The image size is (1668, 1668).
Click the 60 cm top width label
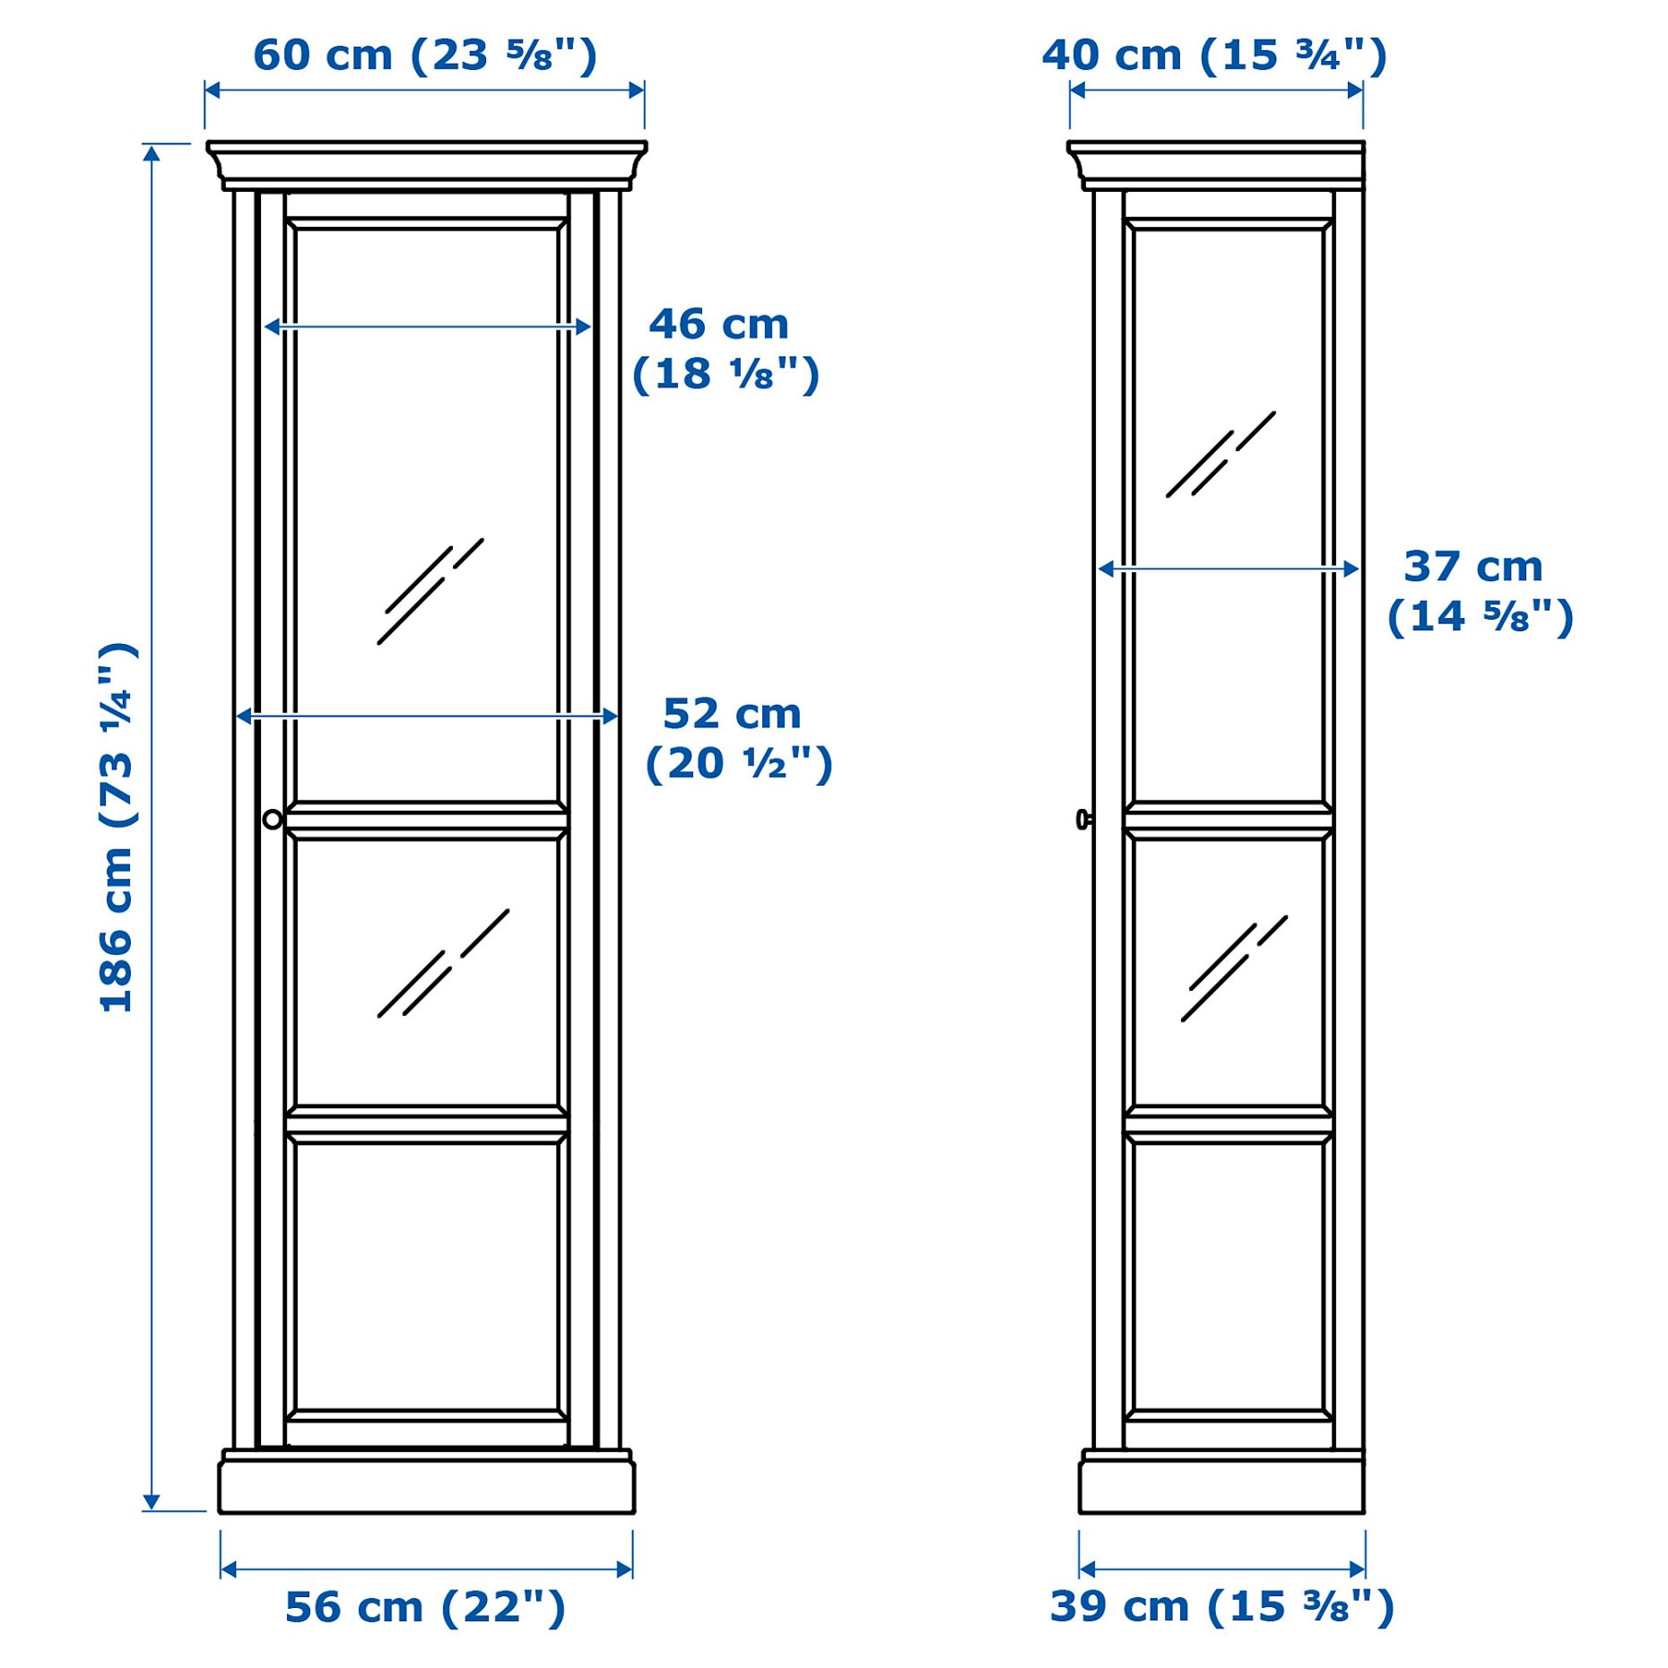[424, 56]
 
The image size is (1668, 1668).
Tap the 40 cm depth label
[1213, 56]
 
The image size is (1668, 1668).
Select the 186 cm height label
[117, 827]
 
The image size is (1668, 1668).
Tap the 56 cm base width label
[425, 1607]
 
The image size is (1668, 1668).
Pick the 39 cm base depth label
[1221, 1607]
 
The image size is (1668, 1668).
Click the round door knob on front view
[273, 819]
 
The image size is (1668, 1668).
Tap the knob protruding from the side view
[1082, 819]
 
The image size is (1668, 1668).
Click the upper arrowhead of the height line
[152, 153]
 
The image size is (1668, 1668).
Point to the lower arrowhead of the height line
[152, 1502]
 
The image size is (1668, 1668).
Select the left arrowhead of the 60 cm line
[213, 90]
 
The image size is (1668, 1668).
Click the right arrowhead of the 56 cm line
[625, 1569]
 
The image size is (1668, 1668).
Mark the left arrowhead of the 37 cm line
[1107, 569]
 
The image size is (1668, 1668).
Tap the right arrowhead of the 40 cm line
[1355, 90]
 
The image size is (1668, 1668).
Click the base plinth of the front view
[427, 1489]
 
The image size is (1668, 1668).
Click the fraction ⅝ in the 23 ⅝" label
[529, 56]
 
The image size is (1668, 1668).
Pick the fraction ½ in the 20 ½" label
[765, 764]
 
